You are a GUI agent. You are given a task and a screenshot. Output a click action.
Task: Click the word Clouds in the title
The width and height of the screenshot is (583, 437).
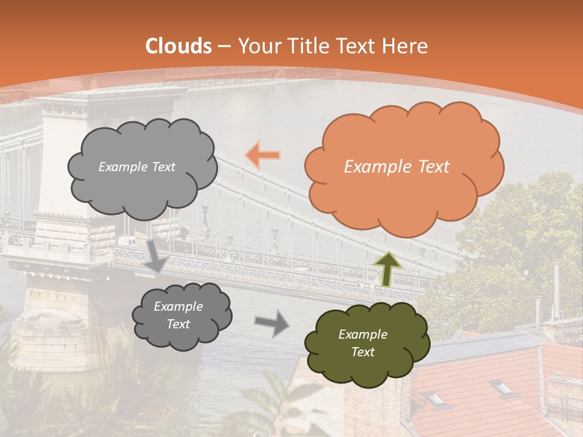click(179, 46)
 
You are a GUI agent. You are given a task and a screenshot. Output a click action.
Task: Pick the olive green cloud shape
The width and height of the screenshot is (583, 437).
click(366, 344)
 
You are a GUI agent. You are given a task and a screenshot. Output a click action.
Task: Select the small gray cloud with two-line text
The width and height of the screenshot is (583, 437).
click(182, 316)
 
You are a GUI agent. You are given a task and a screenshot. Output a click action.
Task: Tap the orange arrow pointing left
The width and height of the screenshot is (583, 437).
click(263, 155)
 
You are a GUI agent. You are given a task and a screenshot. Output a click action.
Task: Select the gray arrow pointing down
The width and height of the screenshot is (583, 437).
click(157, 255)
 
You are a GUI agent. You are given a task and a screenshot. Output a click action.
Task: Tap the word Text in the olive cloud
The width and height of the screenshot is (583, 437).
click(363, 353)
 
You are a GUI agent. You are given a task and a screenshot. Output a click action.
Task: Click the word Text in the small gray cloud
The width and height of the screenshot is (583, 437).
click(179, 325)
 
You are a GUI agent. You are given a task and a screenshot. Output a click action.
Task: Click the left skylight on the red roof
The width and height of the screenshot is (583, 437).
click(434, 398)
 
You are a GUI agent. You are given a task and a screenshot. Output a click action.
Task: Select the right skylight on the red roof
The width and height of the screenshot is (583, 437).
click(502, 387)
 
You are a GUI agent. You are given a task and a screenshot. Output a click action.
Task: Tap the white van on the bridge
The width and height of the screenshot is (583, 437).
click(126, 242)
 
